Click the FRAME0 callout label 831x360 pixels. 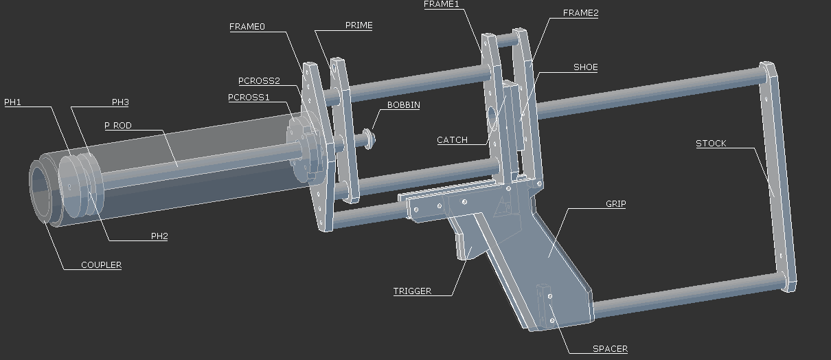[247, 27]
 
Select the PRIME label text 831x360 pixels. [358, 25]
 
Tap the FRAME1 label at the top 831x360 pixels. [441, 4]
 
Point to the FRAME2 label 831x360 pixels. [580, 13]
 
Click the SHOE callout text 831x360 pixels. [585, 67]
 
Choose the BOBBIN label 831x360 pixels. [403, 105]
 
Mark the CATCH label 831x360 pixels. [452, 140]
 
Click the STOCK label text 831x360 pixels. [711, 144]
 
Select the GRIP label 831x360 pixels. [615, 204]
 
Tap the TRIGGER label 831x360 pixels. [412, 291]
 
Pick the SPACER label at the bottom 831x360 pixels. [610, 349]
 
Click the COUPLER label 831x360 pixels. [101, 265]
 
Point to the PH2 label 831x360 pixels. [159, 236]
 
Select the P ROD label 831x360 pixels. [117, 126]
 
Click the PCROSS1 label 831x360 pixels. [249, 98]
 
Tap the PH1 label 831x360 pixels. [13, 102]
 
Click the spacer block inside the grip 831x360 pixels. [547, 306]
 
